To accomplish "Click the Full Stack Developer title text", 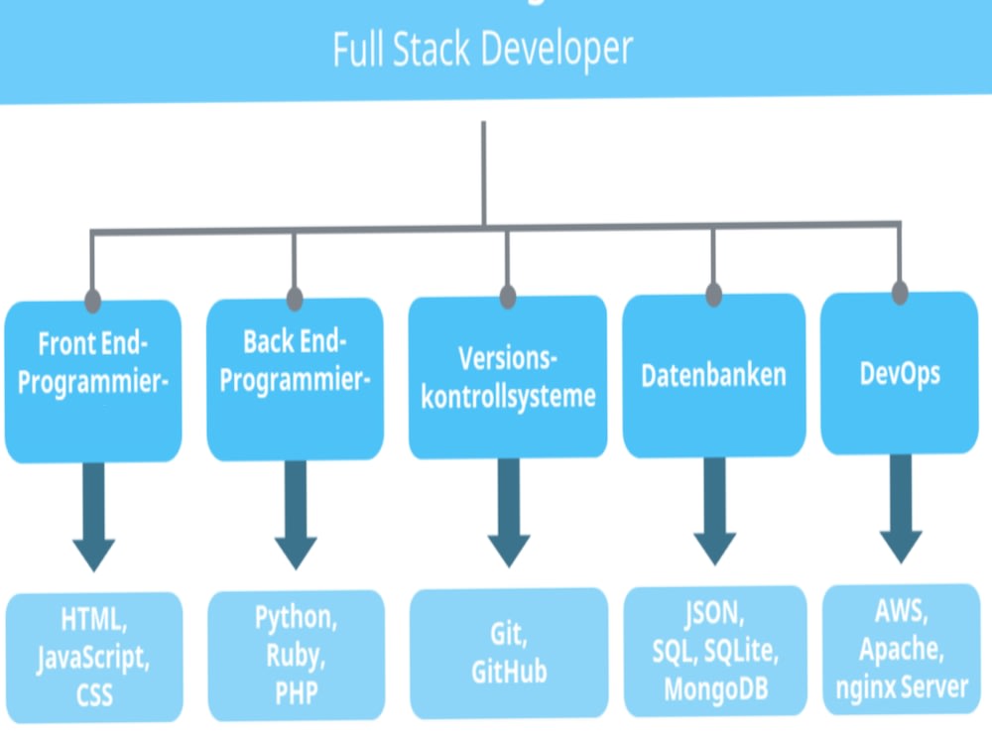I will click(x=482, y=49).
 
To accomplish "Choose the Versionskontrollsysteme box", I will click(x=508, y=377).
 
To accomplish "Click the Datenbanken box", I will click(x=713, y=375).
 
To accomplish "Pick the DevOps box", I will click(x=900, y=373).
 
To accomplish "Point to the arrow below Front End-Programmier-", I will click(x=94, y=516).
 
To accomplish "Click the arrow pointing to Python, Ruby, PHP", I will click(x=296, y=514).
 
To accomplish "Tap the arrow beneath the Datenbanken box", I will click(x=714, y=510).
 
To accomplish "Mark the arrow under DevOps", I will click(x=901, y=508).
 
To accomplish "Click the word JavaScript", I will click(x=93, y=657).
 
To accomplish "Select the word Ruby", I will click(x=296, y=655).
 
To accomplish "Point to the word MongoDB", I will click(x=714, y=686).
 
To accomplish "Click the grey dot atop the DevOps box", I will click(x=900, y=294).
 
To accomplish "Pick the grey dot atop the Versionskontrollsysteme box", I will click(x=508, y=297).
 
